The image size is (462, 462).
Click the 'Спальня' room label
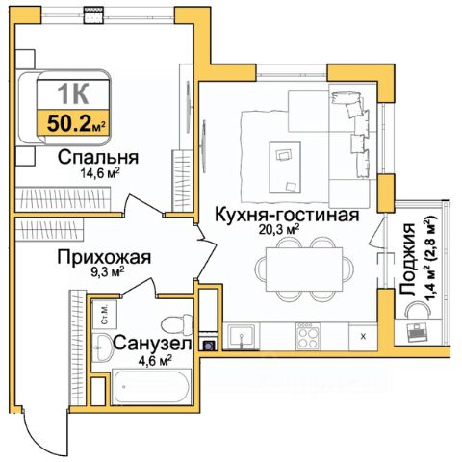(98, 157)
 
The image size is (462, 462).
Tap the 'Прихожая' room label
(104, 257)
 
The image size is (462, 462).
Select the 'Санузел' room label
(152, 344)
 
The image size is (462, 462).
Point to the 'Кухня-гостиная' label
(287, 215)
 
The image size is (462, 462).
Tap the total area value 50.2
(68, 124)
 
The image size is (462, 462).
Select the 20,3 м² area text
(279, 229)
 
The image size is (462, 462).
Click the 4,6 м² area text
(155, 360)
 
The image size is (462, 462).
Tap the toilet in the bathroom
(177, 324)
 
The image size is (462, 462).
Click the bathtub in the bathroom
(152, 387)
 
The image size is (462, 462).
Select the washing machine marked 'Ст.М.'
(105, 315)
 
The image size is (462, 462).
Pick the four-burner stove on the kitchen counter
(308, 336)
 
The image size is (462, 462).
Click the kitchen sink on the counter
(242, 337)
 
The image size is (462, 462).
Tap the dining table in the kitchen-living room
(304, 269)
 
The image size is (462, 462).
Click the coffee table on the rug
(285, 167)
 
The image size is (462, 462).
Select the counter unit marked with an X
(363, 336)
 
